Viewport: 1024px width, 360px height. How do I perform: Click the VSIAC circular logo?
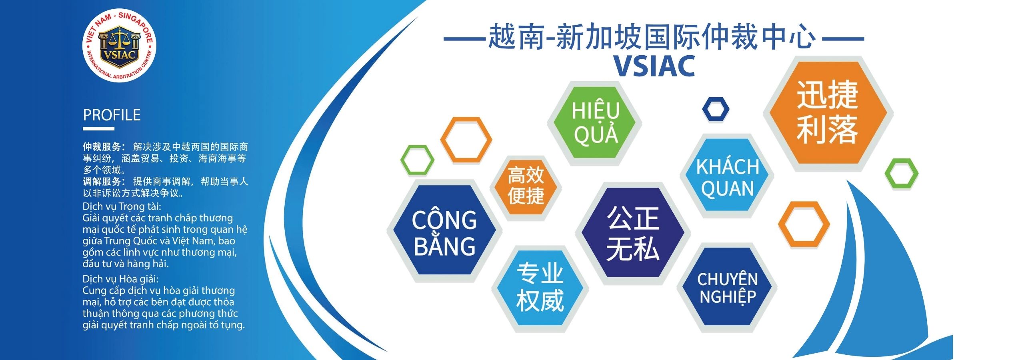click(x=119, y=45)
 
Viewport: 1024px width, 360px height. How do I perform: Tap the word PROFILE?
click(x=112, y=115)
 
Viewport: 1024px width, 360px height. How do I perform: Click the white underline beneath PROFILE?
click(x=98, y=129)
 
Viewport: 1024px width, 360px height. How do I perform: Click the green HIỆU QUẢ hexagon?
click(x=595, y=122)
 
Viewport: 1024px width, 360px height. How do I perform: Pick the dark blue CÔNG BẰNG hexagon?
click(x=444, y=230)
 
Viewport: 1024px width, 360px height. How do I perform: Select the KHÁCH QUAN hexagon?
click(x=727, y=176)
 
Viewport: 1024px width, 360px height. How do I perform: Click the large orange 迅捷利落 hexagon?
click(x=828, y=112)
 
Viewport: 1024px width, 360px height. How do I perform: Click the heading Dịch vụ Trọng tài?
click(x=122, y=207)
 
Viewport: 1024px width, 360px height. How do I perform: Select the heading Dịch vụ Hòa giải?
click(x=120, y=279)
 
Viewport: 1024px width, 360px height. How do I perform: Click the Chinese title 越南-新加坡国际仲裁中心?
click(x=652, y=37)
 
